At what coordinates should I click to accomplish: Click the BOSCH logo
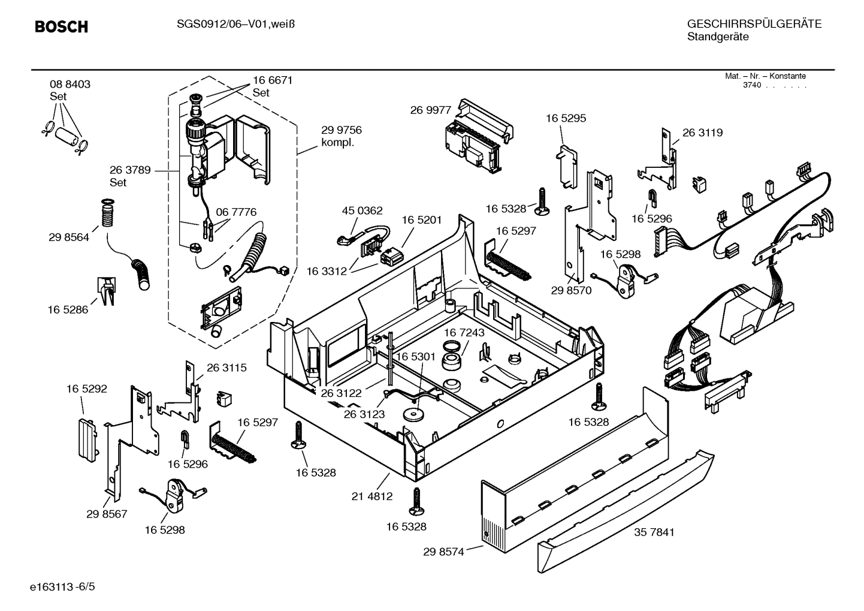click(x=61, y=27)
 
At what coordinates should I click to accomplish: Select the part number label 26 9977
click(x=430, y=110)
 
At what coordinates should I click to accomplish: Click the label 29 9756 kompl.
click(x=341, y=136)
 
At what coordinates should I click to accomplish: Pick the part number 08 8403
click(x=70, y=85)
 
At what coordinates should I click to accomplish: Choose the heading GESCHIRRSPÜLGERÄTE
click(x=754, y=25)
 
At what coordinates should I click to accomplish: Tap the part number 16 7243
click(x=464, y=332)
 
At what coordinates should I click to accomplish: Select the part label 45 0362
click(x=362, y=211)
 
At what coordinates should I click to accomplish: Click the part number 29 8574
click(x=443, y=552)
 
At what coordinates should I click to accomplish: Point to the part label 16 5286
click(x=68, y=309)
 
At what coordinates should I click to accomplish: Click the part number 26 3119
click(x=702, y=133)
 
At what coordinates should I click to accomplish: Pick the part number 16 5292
click(x=86, y=389)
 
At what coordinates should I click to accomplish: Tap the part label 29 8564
click(x=69, y=237)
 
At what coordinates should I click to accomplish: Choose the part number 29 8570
click(x=571, y=290)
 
